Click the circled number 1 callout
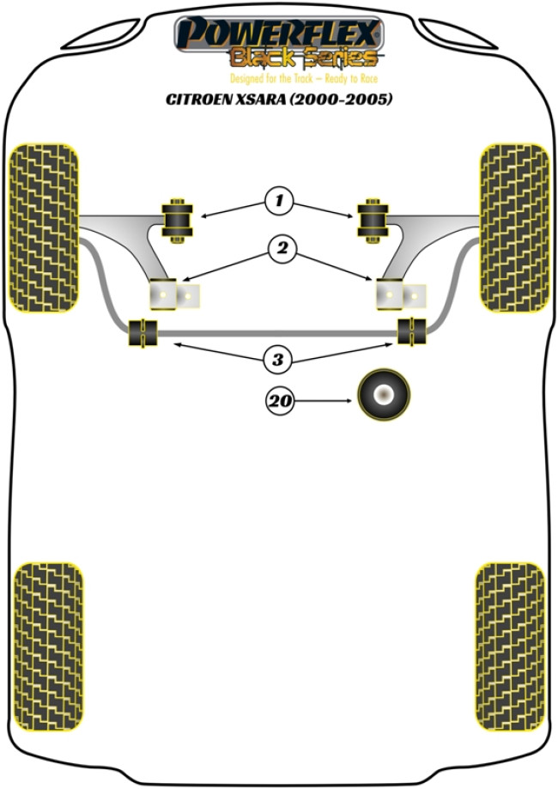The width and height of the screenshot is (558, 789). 279,201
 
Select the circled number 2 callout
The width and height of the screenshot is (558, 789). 282,248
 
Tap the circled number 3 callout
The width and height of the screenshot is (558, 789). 278,360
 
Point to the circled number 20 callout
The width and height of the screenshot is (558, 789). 280,401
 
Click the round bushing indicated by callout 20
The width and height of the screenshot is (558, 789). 384,395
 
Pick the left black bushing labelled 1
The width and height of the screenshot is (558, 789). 177,221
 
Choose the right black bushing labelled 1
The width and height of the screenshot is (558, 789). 373,221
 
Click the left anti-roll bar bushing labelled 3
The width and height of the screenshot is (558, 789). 143,332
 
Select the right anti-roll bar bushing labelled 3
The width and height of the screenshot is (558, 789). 412,331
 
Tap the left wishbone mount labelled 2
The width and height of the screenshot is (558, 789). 174,294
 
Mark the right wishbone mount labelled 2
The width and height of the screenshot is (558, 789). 401,294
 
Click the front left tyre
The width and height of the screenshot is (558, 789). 45,228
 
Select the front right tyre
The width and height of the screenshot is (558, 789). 514,228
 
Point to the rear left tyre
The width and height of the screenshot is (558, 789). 48,646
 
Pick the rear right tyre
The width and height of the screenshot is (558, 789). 510,646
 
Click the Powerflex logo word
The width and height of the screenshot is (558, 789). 279,33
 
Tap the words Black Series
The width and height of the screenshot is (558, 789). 304,58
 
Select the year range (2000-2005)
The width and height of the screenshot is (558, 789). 340,99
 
